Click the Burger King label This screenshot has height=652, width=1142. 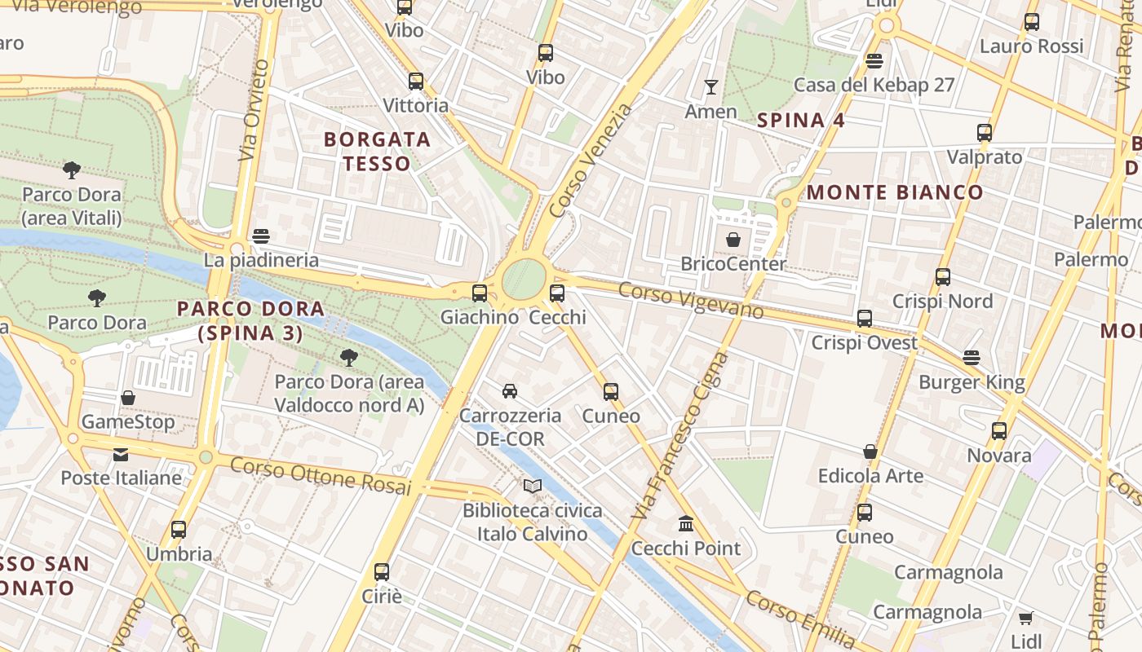pos(972,382)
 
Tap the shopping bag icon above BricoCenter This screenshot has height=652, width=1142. pos(733,240)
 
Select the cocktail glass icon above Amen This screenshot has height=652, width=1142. pos(711,86)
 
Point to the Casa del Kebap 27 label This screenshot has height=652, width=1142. pos(874,85)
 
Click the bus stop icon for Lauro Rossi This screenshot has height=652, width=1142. pos(1032,22)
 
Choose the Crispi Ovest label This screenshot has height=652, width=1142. pos(864,343)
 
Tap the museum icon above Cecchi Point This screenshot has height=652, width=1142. pos(686,523)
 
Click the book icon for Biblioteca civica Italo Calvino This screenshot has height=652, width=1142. pos(533,487)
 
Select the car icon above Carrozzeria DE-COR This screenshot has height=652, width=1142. pos(510,391)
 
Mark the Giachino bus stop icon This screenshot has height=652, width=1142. pos(480,293)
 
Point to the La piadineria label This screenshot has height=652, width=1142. pos(261,261)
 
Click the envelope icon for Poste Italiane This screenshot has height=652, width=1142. pos(121,454)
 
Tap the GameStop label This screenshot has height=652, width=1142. pos(127,422)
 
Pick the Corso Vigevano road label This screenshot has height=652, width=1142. pos(691,300)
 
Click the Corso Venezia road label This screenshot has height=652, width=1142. pos(591,161)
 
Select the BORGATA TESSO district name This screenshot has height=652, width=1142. pos(377,152)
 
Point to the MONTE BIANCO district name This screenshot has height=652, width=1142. pos(895,192)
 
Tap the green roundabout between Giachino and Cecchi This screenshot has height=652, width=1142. pos(523,279)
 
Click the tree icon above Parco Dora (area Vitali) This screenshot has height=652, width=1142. pos(72,170)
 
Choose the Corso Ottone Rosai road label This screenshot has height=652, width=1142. pos(320,476)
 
